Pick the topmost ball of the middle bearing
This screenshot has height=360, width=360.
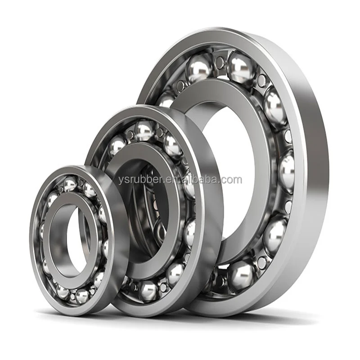click(x=144, y=130)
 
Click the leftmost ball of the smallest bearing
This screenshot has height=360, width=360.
click(x=42, y=230)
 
